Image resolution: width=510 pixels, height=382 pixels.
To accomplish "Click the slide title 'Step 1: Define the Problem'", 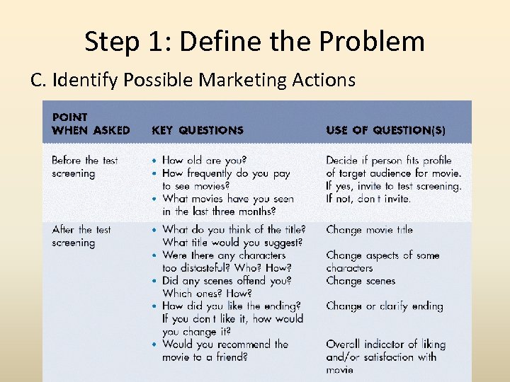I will [x=254, y=42].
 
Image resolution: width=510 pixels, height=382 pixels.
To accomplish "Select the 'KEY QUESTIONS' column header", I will [x=197, y=130].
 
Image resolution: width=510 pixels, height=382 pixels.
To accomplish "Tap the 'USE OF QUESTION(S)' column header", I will [x=385, y=130].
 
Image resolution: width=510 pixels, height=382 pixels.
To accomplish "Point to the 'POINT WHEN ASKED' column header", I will [x=91, y=124].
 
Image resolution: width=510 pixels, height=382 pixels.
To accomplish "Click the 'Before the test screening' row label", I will [x=85, y=167].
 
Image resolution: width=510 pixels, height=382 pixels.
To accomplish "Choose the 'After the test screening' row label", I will [x=81, y=236].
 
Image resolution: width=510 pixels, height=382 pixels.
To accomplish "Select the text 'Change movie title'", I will [x=369, y=230].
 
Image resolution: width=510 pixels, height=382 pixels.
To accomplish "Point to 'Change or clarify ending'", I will [x=384, y=306].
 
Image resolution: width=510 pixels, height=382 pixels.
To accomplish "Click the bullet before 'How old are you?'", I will [x=155, y=161].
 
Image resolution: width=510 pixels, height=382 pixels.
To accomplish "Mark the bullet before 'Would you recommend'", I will [x=155, y=345].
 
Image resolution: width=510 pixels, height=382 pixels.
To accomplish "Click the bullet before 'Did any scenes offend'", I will [x=155, y=281].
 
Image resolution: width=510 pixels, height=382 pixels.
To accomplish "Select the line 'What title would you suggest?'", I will [x=232, y=243].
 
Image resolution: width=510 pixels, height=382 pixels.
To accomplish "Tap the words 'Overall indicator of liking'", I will [x=385, y=345].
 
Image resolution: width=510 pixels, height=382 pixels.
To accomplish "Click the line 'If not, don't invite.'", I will [x=368, y=199].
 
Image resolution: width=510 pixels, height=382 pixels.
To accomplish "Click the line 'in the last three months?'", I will [x=219, y=212].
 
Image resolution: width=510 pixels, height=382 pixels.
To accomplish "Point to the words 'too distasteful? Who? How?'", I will [x=227, y=268].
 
